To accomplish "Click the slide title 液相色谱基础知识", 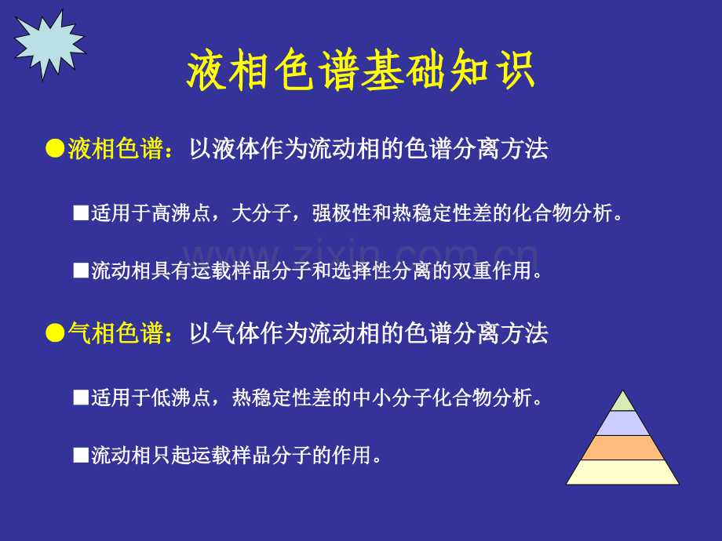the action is (360, 71).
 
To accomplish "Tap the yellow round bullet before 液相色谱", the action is (55, 149).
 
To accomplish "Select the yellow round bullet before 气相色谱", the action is (55, 333).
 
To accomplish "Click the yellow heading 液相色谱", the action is (115, 149).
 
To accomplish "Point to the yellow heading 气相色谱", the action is (115, 333).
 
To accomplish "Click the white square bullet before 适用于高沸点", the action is (81, 213).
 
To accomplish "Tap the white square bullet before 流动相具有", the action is (81, 270).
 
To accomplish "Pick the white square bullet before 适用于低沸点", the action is (81, 398).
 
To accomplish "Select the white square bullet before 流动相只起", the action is (81, 456).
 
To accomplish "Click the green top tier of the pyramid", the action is (622, 402).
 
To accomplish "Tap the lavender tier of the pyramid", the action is (622, 423).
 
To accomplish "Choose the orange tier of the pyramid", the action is (622, 448).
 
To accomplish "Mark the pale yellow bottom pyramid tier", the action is (622, 473).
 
